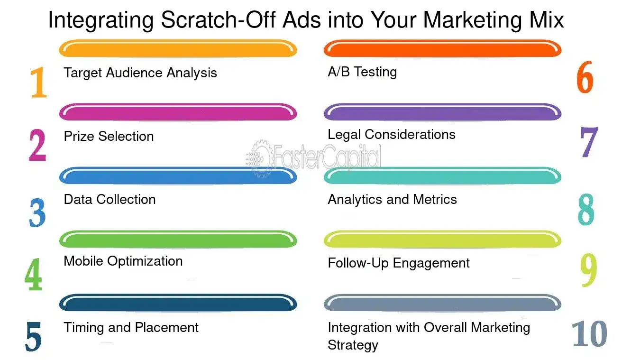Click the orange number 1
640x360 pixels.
pos(38,83)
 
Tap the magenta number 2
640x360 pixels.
pos(37,145)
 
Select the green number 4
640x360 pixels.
pos(34,275)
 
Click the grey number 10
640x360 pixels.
pos(589,334)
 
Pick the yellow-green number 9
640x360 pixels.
pos(589,269)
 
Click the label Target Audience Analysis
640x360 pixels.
pos(140,73)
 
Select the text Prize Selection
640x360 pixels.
pos(109,136)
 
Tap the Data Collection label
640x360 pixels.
pos(110,199)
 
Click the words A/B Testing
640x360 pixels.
pos(362,72)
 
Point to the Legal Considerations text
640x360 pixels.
pos(392,134)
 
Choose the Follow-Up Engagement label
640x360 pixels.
pos(399,263)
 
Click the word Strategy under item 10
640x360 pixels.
pos(353,345)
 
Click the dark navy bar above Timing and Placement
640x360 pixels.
pos(178,303)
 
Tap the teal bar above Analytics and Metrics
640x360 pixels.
pos(442,176)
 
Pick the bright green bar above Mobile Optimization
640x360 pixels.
pos(178,239)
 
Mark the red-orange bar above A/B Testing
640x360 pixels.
pos(442,48)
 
